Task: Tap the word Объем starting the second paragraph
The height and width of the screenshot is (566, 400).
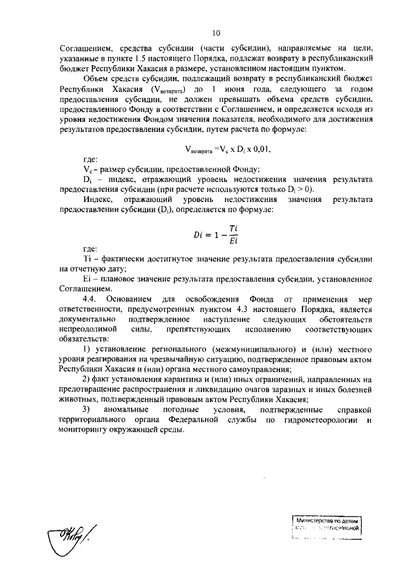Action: (97, 80)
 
